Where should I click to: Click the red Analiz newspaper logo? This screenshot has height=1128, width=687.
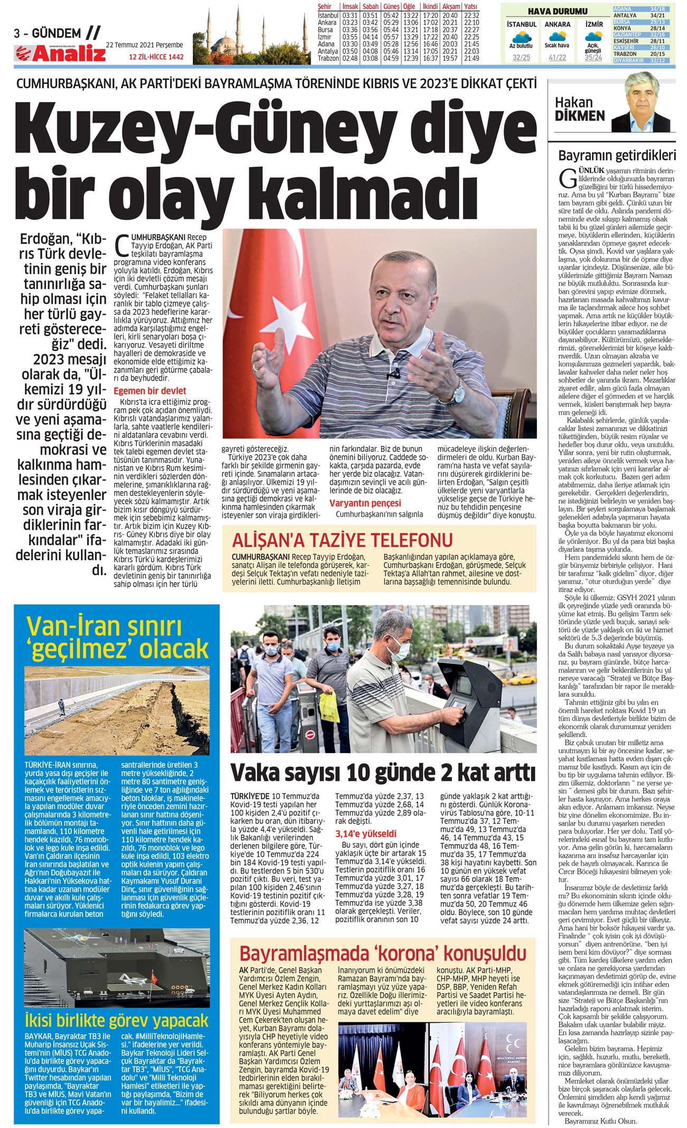tap(60, 53)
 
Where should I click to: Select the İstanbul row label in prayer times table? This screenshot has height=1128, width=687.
tap(328, 16)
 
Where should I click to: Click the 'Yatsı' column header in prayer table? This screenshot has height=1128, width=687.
tap(471, 7)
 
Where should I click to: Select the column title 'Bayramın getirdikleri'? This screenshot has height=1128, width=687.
tap(617, 155)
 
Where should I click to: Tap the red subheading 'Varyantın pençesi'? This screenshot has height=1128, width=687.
tap(365, 503)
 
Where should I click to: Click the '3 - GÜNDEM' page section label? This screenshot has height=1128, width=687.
tap(48, 34)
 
